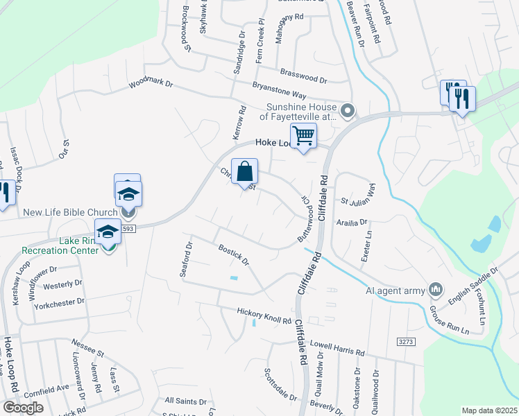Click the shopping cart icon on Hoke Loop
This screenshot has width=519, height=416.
coord(303,136)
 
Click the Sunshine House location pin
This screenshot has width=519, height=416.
coord(348,110)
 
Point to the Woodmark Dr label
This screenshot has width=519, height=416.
coord(151,84)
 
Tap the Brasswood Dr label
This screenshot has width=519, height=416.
coord(303,75)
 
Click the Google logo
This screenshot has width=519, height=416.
coord(24,407)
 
